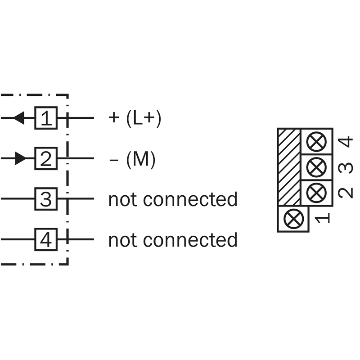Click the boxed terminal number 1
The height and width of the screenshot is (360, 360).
point(46,118)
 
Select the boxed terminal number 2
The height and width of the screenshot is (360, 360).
point(46,158)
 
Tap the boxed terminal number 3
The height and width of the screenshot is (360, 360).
point(46,199)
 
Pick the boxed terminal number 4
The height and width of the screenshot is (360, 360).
point(46,239)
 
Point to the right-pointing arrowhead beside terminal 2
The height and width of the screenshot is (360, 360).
point(20,158)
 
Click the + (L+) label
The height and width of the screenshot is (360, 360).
point(135,118)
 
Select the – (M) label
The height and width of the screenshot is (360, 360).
point(132,159)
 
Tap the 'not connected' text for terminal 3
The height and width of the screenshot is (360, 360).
point(173,199)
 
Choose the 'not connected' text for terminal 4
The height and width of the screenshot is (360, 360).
point(173,239)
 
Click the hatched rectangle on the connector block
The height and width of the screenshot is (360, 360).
point(289,166)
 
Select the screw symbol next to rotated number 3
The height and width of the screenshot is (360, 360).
point(316,167)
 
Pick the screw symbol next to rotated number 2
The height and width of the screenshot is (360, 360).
point(316,193)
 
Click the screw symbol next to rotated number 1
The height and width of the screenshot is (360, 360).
point(293,219)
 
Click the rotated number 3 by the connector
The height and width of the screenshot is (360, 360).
point(345,167)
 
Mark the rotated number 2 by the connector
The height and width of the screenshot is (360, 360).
point(345,192)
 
